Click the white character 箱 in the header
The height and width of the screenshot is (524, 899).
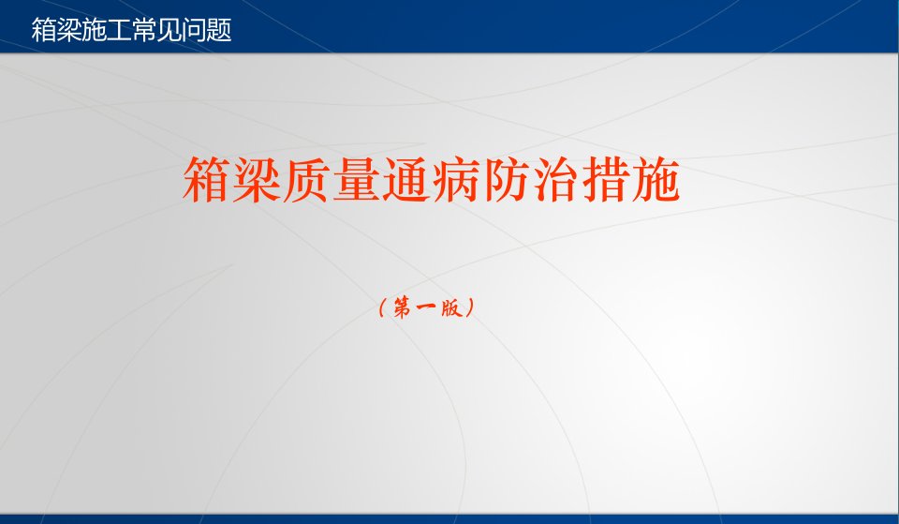tap(44, 30)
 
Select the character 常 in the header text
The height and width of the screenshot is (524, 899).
tap(144, 30)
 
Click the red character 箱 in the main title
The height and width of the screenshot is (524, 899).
tap(206, 179)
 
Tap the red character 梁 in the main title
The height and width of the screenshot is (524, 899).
tap(257, 179)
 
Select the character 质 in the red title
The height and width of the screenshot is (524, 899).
tap(306, 179)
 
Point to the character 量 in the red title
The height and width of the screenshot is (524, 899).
tap(356, 179)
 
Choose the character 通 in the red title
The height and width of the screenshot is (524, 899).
tap(405, 179)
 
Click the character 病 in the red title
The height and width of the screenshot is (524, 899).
tap(456, 179)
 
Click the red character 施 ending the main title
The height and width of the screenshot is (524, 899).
tap(656, 179)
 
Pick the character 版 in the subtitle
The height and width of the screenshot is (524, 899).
tap(451, 308)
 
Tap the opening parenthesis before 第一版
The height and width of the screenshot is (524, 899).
tap(382, 308)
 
